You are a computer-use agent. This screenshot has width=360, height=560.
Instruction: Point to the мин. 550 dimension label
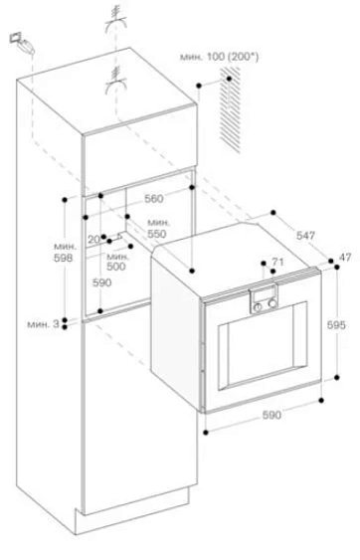tap(157, 227)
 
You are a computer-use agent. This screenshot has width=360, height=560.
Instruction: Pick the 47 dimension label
tap(345, 258)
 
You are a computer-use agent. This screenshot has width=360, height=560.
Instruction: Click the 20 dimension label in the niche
tap(92, 240)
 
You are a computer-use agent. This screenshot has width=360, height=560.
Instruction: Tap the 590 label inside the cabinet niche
tap(101, 282)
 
